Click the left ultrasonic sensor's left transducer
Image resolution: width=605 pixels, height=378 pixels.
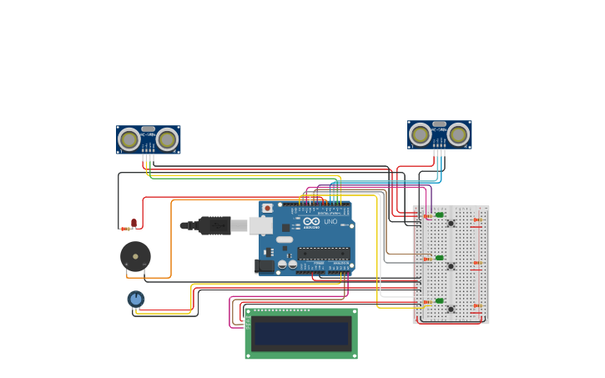click(129, 139)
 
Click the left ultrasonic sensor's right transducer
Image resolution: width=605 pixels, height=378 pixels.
click(168, 139)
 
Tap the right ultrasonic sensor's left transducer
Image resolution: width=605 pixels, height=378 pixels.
click(420, 134)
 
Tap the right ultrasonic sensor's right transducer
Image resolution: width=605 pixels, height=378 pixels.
click(458, 134)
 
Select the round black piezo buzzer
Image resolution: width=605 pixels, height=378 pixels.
click(135, 256)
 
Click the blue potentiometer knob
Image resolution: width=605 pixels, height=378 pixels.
click(136, 298)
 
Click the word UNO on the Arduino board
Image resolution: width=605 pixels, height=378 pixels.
click(330, 221)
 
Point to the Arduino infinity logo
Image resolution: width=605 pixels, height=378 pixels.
click(311, 221)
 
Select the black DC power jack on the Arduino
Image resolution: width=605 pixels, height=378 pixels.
click(264, 266)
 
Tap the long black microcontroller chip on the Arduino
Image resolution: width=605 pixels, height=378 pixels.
click(324, 253)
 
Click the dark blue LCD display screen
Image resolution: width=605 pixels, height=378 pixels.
click(301, 335)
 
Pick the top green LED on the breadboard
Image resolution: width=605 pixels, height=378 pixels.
click(439, 215)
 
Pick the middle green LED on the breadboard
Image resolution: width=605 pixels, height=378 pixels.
click(439, 258)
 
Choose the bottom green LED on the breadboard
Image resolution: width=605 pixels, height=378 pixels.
click(439, 300)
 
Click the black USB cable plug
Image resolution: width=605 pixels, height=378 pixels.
click(214, 225)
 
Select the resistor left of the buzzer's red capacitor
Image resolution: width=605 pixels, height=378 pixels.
click(125, 229)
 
